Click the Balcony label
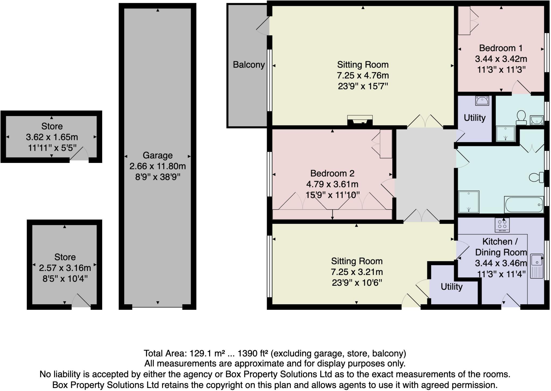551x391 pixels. [x=249, y=65]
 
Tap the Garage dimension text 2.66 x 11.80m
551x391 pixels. [x=157, y=166]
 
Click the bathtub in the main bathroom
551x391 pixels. [x=524, y=205]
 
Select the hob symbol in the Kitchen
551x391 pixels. [x=502, y=225]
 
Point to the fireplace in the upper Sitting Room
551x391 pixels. [x=360, y=120]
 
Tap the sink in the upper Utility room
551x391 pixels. [x=482, y=101]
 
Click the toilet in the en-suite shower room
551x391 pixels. [x=521, y=118]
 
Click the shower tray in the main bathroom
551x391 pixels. [x=469, y=202]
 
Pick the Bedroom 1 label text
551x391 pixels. [x=501, y=48]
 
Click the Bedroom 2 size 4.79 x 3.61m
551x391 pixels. [x=332, y=184]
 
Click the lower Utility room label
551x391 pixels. [x=451, y=287]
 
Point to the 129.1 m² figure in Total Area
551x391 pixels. [x=202, y=353]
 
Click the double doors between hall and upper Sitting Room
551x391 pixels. [x=425, y=121]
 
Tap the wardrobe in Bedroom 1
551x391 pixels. [x=464, y=21]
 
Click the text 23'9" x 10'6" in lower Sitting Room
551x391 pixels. [x=357, y=283]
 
